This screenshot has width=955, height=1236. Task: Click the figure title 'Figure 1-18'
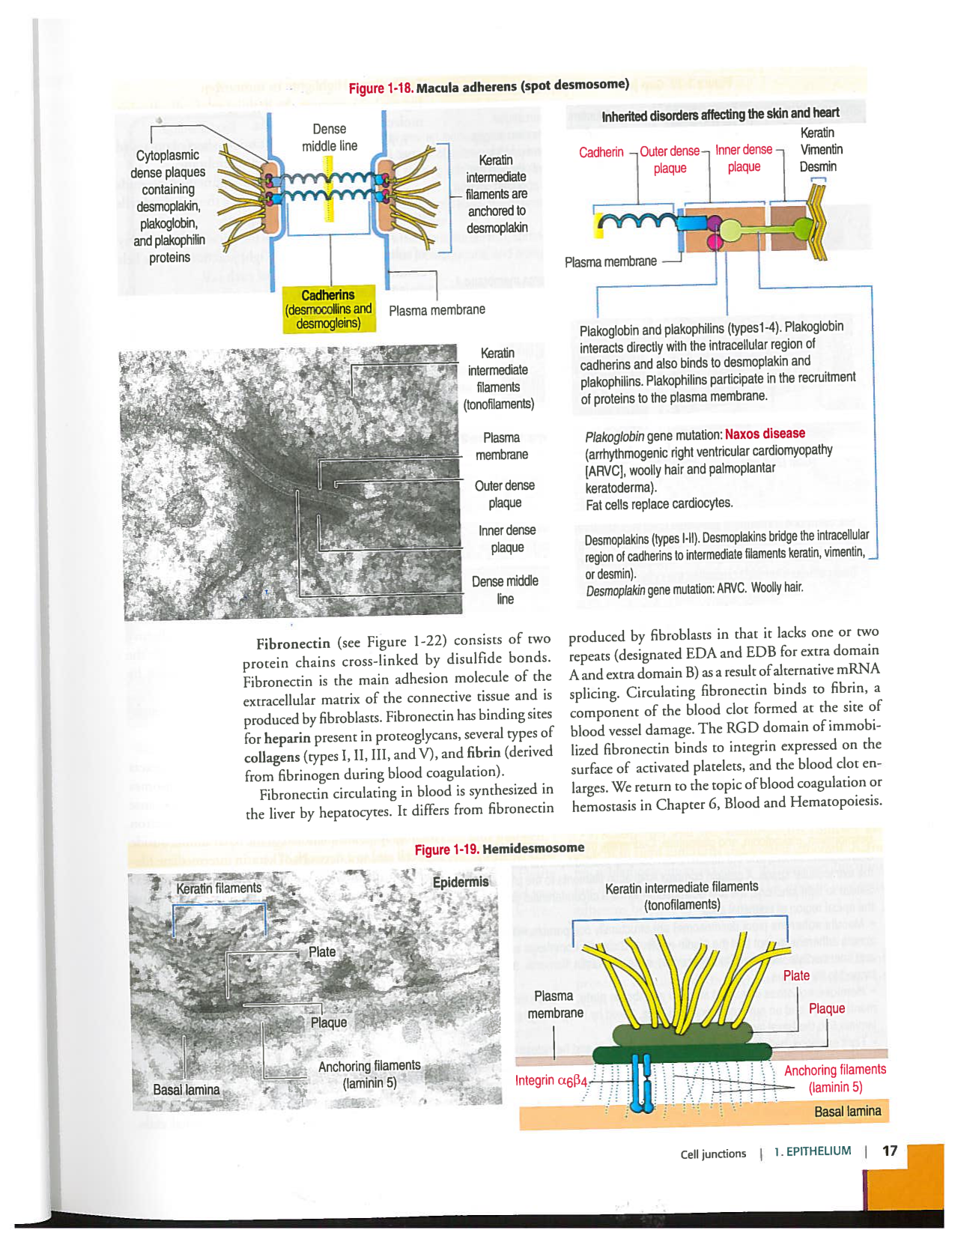pos(381,88)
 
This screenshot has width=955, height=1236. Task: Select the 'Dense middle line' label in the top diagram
pos(330,138)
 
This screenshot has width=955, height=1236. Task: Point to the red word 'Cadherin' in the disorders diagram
pos(601,152)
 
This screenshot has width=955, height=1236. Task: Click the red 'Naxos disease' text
pos(765,434)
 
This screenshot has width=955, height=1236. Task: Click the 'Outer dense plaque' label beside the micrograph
pos(505,494)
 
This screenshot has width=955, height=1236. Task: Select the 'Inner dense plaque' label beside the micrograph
pos(507,539)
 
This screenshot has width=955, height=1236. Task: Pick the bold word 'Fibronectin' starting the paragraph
pos(293,643)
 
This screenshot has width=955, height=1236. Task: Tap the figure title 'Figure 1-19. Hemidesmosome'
pos(499,849)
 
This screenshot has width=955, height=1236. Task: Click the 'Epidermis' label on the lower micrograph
pos(461,882)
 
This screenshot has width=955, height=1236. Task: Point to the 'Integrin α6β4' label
pos(551,1080)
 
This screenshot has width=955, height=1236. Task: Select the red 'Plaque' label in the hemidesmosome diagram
pos(826,1009)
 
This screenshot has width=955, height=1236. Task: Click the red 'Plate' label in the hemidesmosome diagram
pos(795,975)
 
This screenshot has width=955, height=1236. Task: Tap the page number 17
pos(889,1151)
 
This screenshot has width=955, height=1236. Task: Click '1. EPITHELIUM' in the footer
pos(813,1151)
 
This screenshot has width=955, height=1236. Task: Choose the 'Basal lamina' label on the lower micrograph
pos(187,1089)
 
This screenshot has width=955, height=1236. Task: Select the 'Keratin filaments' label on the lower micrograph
pos(219,888)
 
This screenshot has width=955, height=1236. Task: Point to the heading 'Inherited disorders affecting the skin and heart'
pos(720,114)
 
